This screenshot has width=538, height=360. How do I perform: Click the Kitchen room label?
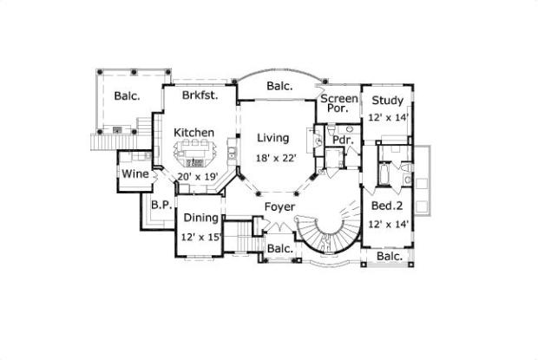click(x=194, y=132)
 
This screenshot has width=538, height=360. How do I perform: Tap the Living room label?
click(x=276, y=137)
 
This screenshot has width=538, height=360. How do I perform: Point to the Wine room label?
click(x=134, y=173)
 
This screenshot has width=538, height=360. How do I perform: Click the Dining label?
click(x=200, y=219)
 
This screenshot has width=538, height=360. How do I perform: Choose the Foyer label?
click(x=279, y=206)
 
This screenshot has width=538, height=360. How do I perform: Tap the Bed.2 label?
click(x=387, y=206)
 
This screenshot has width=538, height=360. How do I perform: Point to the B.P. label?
click(x=160, y=206)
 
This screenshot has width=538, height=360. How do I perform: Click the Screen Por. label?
click(x=338, y=103)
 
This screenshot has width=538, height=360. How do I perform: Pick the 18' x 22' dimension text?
click(x=277, y=159)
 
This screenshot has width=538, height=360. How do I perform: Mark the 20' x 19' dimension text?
click(x=195, y=176)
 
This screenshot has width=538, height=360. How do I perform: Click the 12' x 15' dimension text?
click(x=200, y=236)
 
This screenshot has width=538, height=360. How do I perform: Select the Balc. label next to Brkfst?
click(x=127, y=96)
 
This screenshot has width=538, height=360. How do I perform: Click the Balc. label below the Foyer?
click(x=279, y=249)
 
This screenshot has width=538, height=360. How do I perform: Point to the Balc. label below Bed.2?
click(x=389, y=257)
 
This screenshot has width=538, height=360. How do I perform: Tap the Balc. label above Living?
click(x=279, y=86)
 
